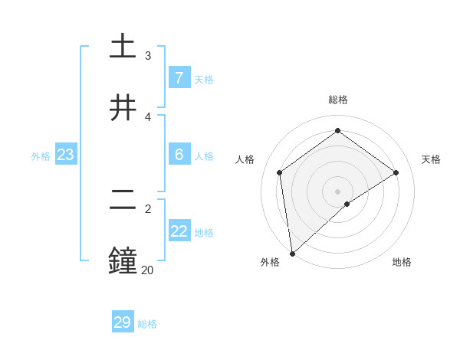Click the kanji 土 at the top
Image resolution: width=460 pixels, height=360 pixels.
tap(123, 46)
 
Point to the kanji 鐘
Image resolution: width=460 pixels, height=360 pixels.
tap(123, 260)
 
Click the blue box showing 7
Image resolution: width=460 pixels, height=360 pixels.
tap(179, 78)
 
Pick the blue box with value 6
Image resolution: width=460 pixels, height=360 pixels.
tap(179, 155)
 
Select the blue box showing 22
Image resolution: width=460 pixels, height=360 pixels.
tap(179, 231)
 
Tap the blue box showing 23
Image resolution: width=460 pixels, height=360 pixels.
tap(65, 155)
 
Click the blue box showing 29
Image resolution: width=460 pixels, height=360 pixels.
tap(123, 322)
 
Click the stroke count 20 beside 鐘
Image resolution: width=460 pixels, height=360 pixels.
tap(147, 270)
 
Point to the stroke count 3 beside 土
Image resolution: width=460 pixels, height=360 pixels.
tap(147, 56)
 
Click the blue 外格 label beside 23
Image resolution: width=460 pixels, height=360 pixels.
tap(41, 155)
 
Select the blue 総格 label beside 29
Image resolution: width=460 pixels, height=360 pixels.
tap(147, 324)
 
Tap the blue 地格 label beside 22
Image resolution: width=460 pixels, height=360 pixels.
tap(204, 232)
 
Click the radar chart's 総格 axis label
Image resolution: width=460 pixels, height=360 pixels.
tap(337, 100)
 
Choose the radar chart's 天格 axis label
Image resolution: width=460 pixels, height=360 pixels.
tap(431, 159)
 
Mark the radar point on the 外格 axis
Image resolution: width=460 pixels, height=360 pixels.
tap(292, 253)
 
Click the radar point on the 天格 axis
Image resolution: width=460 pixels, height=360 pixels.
tap(396, 172)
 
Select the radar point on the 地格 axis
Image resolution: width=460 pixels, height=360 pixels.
tap(347, 204)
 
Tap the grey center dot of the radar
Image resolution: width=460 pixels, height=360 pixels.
tap(337, 191)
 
